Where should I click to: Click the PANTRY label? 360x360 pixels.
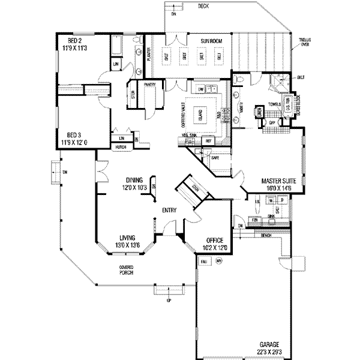click(150, 85)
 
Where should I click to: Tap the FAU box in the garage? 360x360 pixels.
click(205, 262)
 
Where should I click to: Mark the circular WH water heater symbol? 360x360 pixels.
click(219, 262)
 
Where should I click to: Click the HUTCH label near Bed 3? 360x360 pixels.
click(121, 146)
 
